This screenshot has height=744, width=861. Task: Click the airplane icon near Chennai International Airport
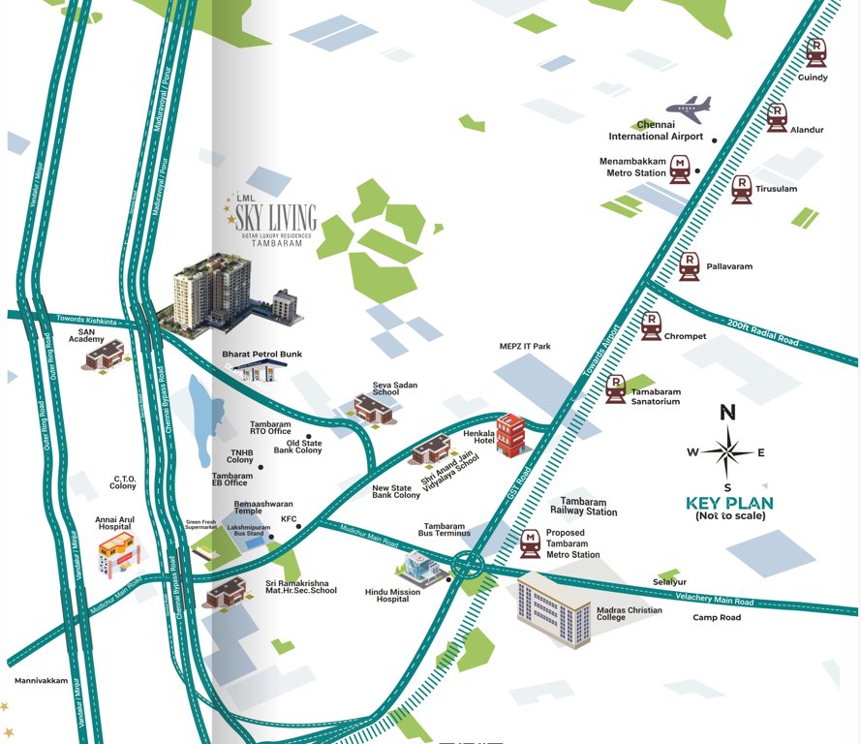click(689, 108)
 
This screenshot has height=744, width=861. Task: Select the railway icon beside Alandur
click(777, 117)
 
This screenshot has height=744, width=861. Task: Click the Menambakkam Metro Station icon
click(680, 170)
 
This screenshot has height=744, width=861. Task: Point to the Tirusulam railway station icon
click(742, 188)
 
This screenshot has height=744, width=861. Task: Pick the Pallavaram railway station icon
click(689, 265)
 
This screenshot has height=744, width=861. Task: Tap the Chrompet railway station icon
click(651, 326)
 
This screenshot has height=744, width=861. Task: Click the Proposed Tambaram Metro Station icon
click(531, 543)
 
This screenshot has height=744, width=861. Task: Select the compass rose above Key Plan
click(727, 450)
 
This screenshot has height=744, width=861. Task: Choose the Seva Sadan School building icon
click(373, 408)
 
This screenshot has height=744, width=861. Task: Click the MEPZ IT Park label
click(524, 346)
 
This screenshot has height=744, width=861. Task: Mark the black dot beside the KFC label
click(298, 527)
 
